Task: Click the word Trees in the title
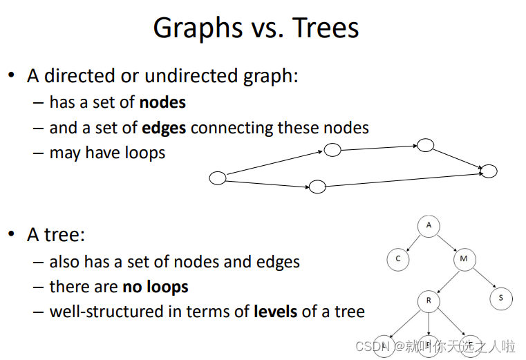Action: (x=326, y=28)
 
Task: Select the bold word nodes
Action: (x=162, y=102)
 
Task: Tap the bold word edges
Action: (x=164, y=129)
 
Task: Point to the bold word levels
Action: (x=275, y=312)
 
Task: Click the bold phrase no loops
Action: (x=156, y=287)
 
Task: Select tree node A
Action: (x=429, y=226)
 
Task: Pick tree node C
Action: (x=398, y=259)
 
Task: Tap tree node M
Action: (x=464, y=259)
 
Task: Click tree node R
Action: (x=429, y=301)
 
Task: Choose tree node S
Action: (x=501, y=298)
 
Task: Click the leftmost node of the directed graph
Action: (x=217, y=178)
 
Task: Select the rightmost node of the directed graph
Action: (x=489, y=171)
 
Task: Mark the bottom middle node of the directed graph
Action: (x=317, y=187)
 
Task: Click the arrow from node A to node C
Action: (x=413, y=243)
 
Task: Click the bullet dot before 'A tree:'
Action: (x=12, y=234)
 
